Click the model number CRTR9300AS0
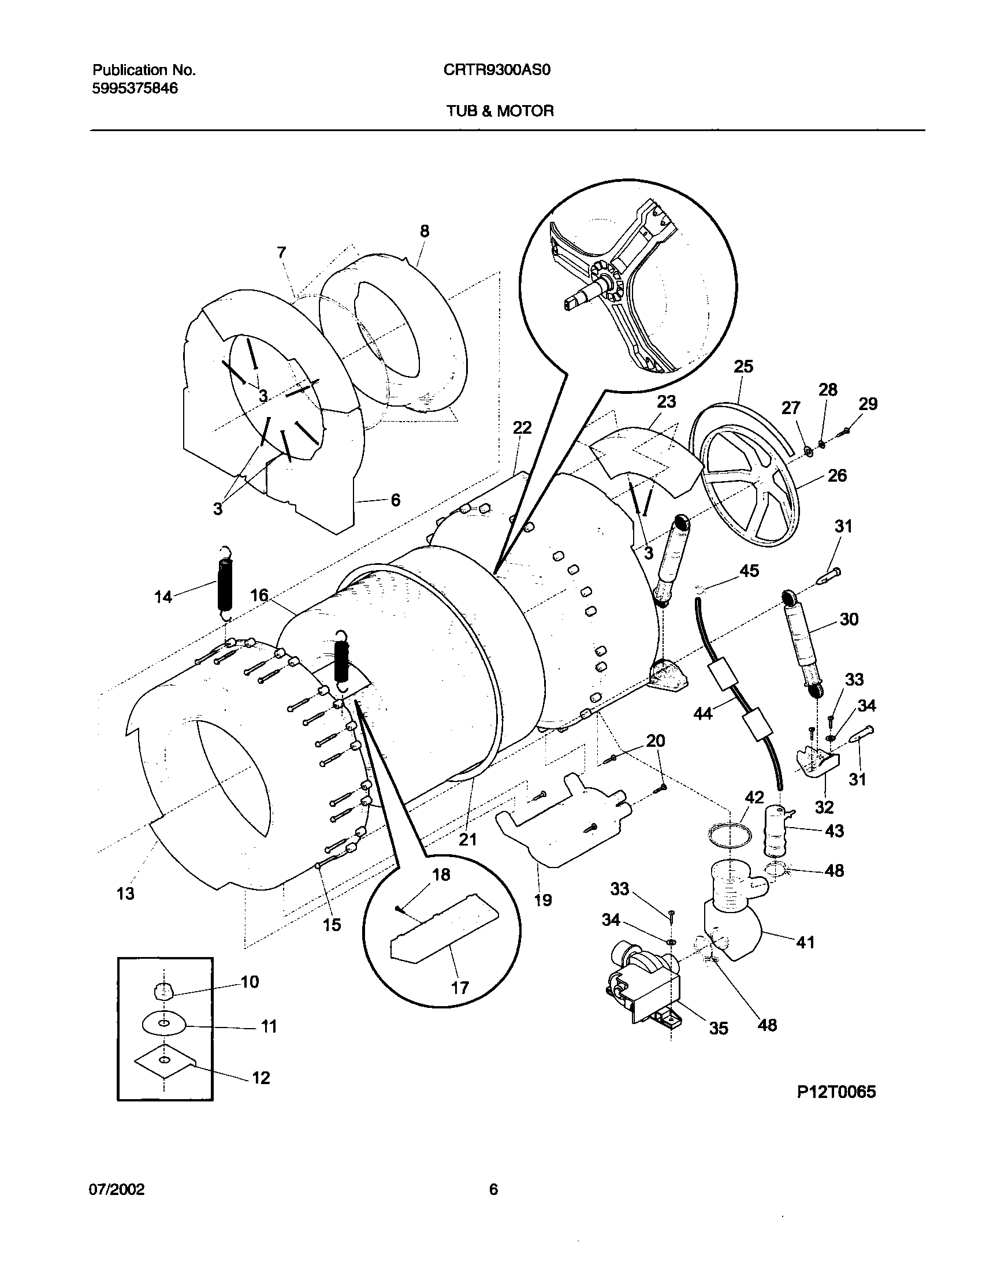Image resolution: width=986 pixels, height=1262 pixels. point(497,70)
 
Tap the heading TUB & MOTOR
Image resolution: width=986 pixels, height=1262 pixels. point(500,111)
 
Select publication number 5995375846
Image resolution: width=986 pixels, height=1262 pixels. point(135,88)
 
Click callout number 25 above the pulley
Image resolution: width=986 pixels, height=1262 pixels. point(743,366)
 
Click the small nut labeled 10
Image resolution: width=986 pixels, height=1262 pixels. point(164,992)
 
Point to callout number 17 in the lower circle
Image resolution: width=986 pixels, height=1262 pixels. point(459,988)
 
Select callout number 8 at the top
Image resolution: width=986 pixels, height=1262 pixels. point(424,231)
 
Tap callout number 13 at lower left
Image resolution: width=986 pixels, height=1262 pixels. point(125,894)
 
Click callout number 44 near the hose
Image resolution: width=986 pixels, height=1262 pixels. point(703,714)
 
